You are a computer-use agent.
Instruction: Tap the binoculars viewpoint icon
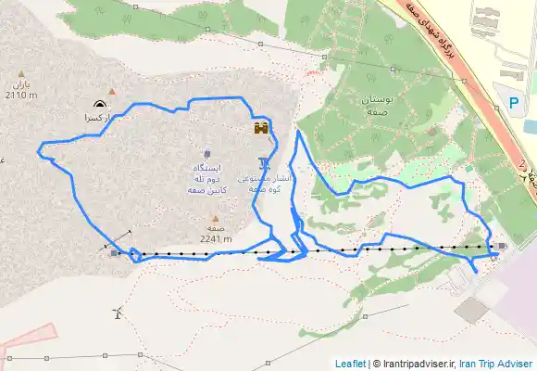pyautogui.click(x=262, y=129)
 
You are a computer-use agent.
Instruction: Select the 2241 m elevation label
pyautogui.click(x=214, y=237)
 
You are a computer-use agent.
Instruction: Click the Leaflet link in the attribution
pyautogui.click(x=350, y=364)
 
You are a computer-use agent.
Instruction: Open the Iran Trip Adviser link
pyautogui.click(x=495, y=364)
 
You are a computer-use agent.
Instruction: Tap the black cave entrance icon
pyautogui.click(x=99, y=104)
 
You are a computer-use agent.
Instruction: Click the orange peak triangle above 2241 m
pyautogui.click(x=215, y=219)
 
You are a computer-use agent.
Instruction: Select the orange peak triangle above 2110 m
pyautogui.click(x=20, y=72)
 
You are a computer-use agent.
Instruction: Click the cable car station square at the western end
pyautogui.click(x=114, y=252)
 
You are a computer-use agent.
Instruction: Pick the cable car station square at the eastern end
pyautogui.click(x=501, y=246)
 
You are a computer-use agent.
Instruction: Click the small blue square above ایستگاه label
pyautogui.click(x=206, y=153)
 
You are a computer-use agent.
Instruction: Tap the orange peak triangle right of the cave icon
pyautogui.click(x=113, y=91)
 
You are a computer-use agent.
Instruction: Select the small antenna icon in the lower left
pyautogui.click(x=116, y=311)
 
